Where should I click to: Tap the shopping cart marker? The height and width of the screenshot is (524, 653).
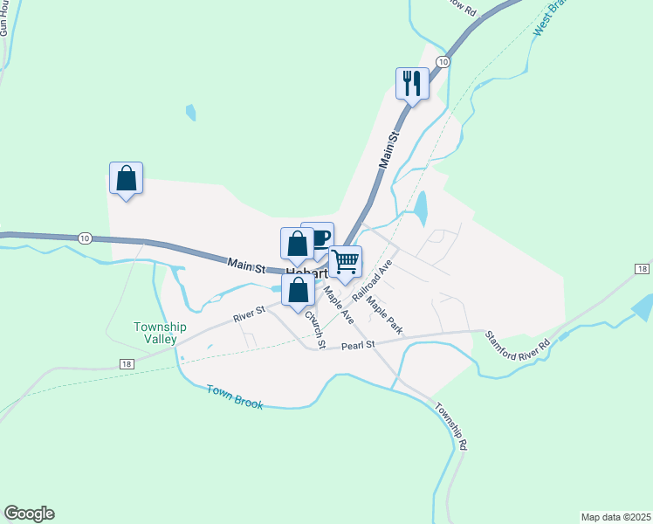click(x=346, y=261)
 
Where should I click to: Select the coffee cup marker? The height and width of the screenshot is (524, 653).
click(x=320, y=237)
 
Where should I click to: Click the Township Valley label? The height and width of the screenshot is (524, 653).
click(x=155, y=333)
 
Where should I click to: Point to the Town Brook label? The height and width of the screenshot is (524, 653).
click(x=235, y=396)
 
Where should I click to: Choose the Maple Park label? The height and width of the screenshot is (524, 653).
click(x=385, y=315)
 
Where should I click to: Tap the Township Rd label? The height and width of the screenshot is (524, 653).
click(x=452, y=426)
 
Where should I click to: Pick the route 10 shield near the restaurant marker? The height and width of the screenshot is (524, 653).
click(x=443, y=62)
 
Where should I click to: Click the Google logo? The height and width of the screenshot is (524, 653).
click(x=29, y=514)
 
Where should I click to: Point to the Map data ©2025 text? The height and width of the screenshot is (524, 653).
click(x=615, y=517)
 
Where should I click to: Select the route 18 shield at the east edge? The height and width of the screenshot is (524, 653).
click(x=642, y=269)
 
